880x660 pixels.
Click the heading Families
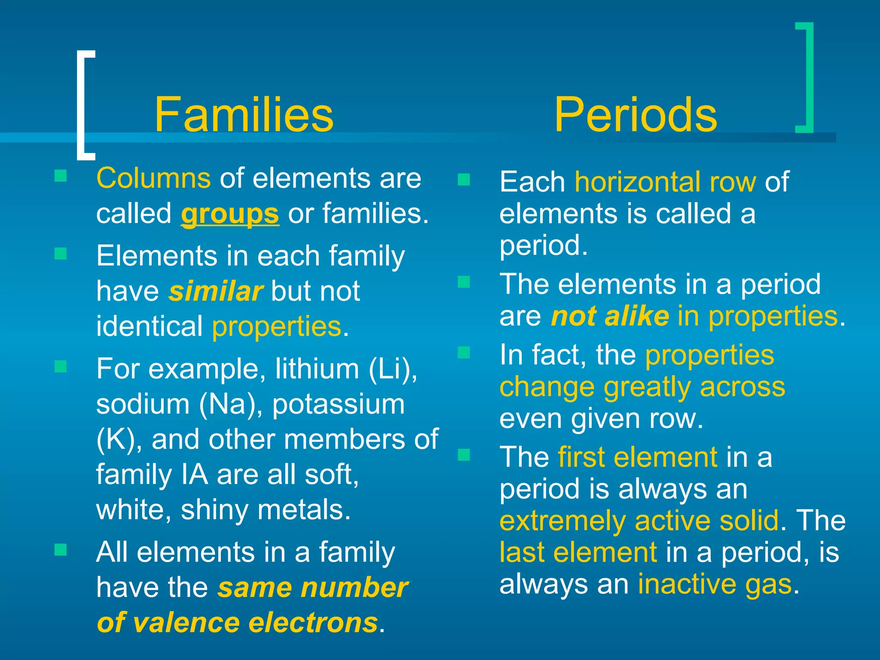244,115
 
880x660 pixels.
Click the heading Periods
635,115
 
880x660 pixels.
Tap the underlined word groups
230,214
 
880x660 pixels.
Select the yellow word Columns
153,178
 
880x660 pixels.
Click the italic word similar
215,291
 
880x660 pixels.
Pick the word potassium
338,405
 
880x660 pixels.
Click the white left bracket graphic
83,105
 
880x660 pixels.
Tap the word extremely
562,521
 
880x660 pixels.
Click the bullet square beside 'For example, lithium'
61,367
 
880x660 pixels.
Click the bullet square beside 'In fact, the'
464,353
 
